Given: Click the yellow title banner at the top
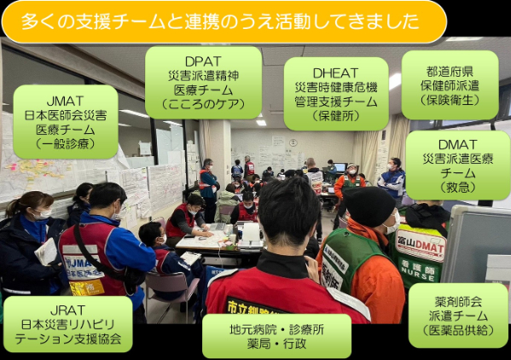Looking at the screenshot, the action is coord(224,21).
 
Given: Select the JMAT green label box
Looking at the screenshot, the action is coord(66,122).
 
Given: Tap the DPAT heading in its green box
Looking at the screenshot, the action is coord(203,61).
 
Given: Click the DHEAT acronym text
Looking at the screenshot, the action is coord(335,73).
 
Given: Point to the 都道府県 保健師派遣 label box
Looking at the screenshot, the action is coord(450,85).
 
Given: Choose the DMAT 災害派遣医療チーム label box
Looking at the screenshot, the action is coord(458,165).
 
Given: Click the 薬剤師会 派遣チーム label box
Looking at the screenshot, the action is coord(458,316).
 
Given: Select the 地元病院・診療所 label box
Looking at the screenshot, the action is coord(276,336).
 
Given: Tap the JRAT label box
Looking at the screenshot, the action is coord(67,324).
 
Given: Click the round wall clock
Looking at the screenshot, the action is coord(293,142).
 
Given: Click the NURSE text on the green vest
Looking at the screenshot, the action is coord(418,274).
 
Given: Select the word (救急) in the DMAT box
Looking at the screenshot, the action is coord(458,188).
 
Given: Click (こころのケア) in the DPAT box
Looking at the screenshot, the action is coord(203,104).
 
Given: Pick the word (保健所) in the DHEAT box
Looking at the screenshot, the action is coord(335,116).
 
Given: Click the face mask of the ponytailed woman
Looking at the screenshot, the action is coord(44,214).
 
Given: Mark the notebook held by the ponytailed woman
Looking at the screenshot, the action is coord(46,251).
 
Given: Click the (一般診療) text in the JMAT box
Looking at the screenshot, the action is coord(66,143).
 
